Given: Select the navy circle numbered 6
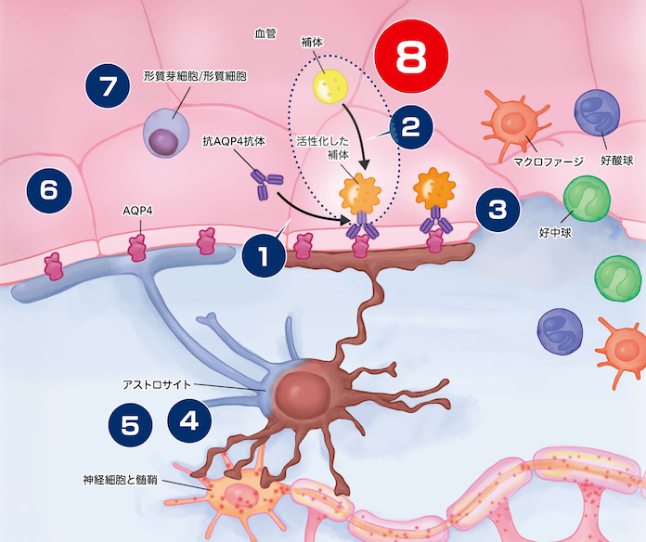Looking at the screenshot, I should (49, 190).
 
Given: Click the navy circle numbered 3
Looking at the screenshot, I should (498, 210).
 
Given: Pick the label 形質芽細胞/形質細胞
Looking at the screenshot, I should (196, 74).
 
